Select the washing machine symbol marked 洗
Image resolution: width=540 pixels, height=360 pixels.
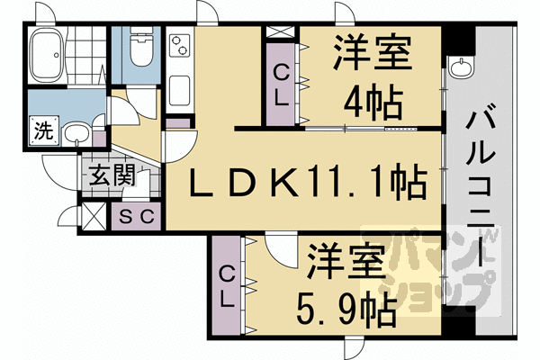coord(42,129)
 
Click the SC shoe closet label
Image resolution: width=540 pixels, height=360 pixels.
coord(139,216)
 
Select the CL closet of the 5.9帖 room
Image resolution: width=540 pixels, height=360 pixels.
coord(229,286)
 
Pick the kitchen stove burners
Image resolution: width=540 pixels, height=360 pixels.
coord(177,46)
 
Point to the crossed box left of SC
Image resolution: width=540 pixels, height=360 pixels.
coord(93,216)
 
